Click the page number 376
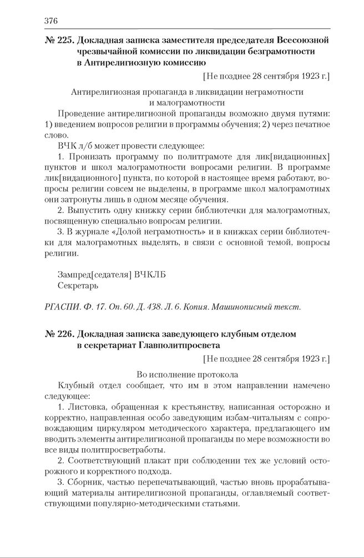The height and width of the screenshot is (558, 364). point(50,21)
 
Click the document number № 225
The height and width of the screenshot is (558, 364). point(59,40)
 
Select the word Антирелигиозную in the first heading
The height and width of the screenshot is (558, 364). point(127,63)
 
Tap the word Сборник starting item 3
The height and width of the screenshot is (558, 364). point(87,483)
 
